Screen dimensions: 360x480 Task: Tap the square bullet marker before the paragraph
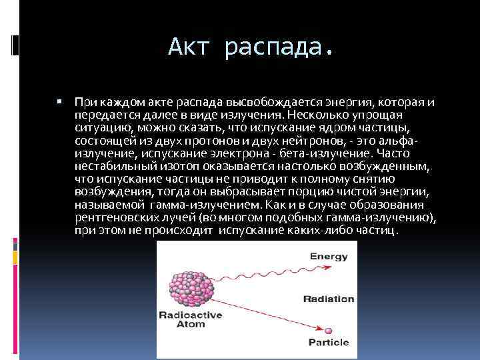59,103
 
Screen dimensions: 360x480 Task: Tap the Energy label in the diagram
329,255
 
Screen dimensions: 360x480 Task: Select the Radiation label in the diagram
328,299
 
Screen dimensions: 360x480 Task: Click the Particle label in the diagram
329,342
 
